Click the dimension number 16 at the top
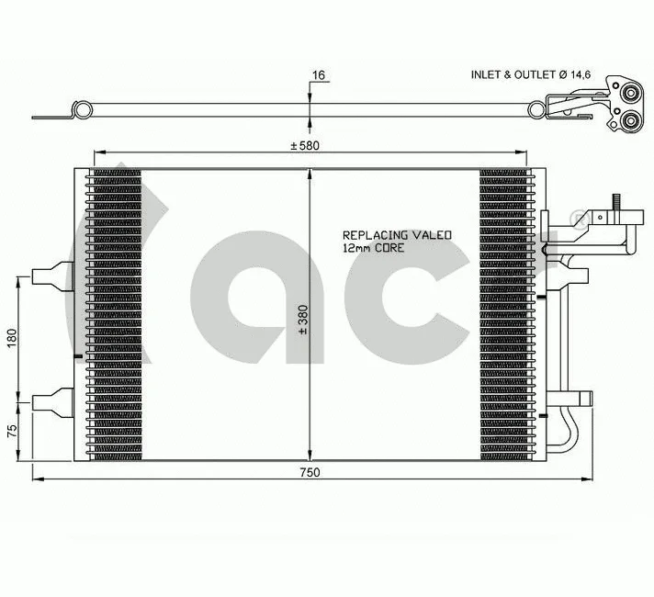point(319,74)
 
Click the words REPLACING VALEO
point(397,235)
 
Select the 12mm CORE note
point(373,248)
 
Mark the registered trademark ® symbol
point(577,217)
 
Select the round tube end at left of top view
point(83,111)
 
